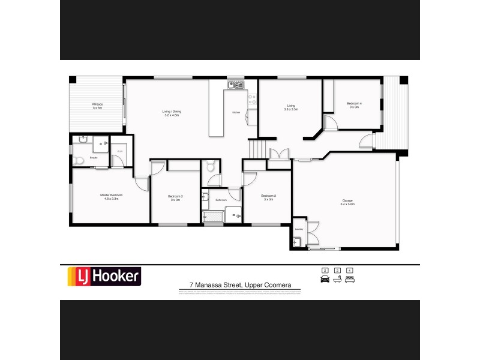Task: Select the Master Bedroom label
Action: pos(109,195)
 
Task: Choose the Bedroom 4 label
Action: pos(354,104)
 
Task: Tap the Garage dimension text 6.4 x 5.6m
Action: pos(348,205)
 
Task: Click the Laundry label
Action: pos(299,229)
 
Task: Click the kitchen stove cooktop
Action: pos(253,100)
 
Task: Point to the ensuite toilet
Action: pos(80,160)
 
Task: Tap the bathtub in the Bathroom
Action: pos(212,215)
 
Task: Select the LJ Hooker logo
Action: pos(103,277)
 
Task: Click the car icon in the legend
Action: pos(325,279)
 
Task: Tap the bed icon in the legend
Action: pos(349,279)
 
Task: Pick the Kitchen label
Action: pos(236,112)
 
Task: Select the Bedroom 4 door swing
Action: pos(331,122)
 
